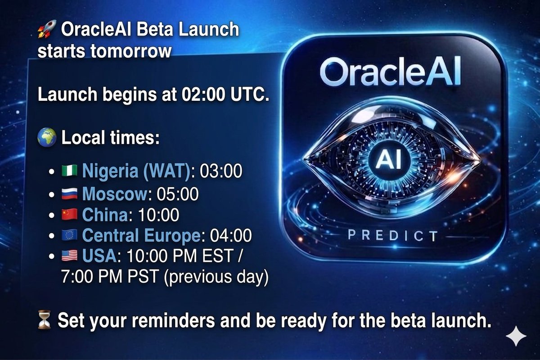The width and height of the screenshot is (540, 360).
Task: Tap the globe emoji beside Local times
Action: (48, 137)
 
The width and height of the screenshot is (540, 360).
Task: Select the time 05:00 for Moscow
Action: (178, 194)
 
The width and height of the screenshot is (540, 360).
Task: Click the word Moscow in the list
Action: (115, 194)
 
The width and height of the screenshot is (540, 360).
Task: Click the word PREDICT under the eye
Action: (392, 235)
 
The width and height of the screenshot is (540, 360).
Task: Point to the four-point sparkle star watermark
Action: (515, 336)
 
